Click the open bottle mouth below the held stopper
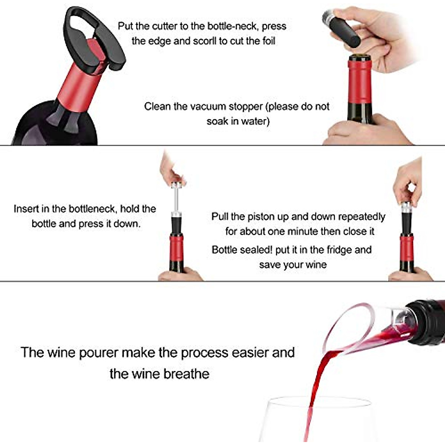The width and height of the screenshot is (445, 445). tap(359, 57)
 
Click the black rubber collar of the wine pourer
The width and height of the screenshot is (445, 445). tap(423, 323)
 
